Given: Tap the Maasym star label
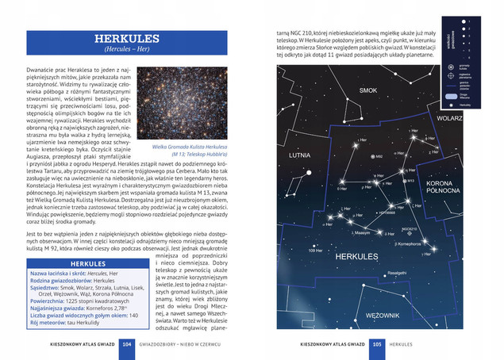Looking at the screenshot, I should coord(363,233).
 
